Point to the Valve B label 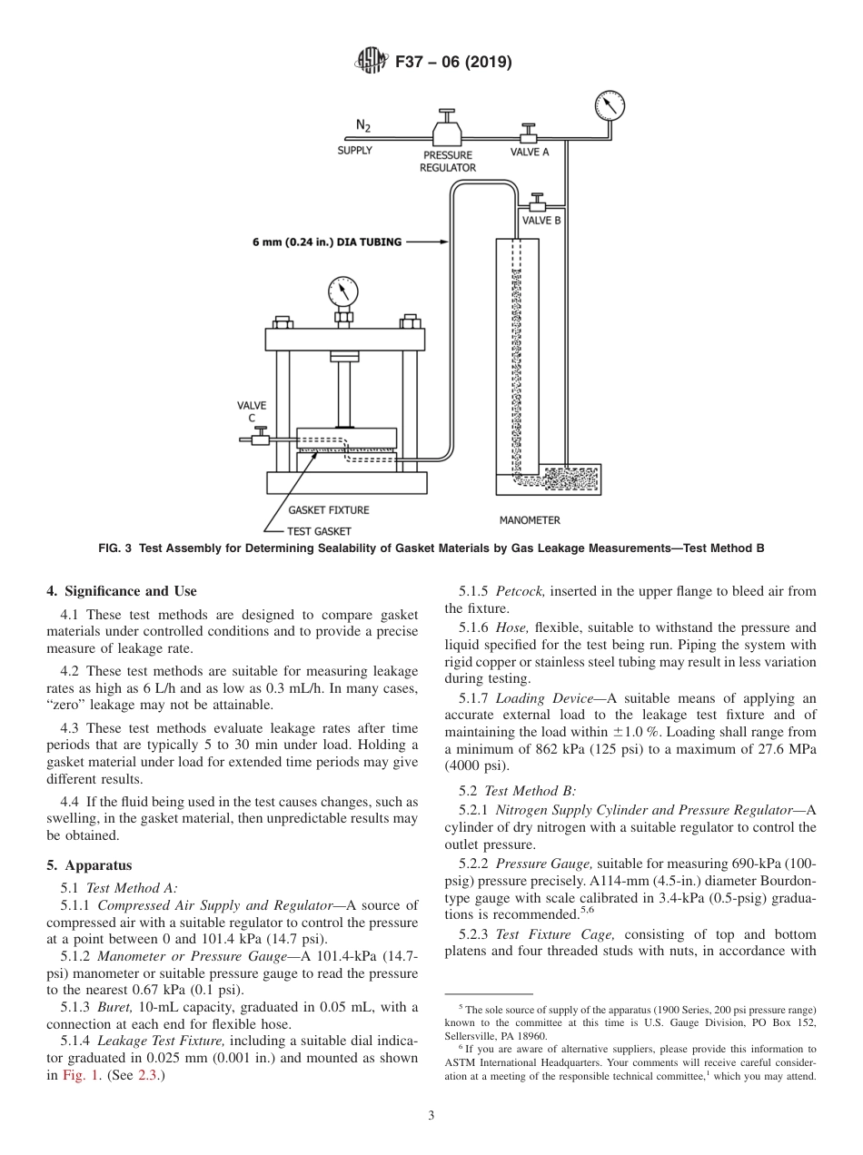point(541,220)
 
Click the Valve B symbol point(538,200)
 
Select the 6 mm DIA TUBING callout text point(327,242)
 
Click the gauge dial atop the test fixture point(342,292)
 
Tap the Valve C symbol point(260,439)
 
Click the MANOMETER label point(530,520)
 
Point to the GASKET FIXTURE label point(329,510)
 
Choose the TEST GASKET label point(319,531)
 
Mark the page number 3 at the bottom point(431,1115)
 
